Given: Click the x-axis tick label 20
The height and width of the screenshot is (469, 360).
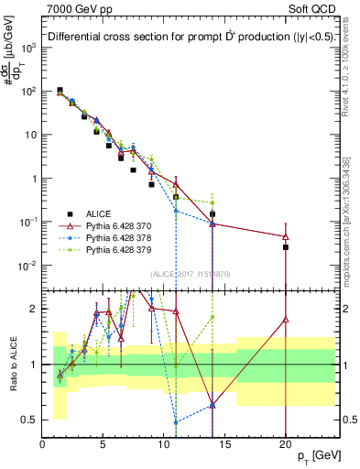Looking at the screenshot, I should pyautogui.click(x=285, y=445).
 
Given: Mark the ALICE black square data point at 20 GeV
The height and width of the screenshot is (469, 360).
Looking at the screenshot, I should pyautogui.click(x=286, y=247).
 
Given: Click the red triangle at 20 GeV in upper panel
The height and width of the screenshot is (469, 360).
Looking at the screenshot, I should pyautogui.click(x=286, y=236).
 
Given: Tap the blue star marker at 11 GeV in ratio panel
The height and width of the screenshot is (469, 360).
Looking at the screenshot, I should pyautogui.click(x=176, y=422).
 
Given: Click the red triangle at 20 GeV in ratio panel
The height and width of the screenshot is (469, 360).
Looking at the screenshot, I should pyautogui.click(x=286, y=320).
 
